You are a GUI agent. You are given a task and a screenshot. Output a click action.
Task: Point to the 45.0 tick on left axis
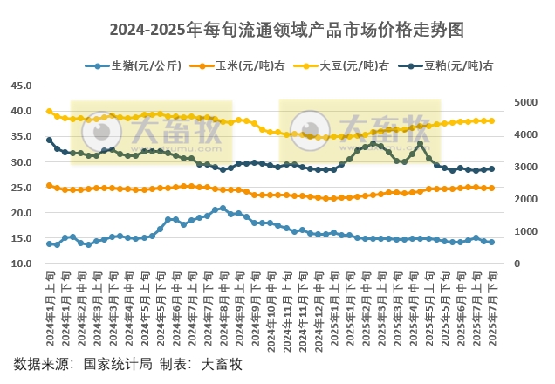coord(21,86)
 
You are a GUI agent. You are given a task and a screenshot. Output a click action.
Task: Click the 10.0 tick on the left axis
coord(21,264)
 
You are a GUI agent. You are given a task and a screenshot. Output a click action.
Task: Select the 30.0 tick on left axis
coord(21,162)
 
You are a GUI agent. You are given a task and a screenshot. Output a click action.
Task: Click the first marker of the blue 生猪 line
coord(49,243)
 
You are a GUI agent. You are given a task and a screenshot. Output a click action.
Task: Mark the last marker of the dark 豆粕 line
coord(492,168)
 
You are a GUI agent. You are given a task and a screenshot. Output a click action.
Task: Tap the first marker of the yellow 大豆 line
coord(49,111)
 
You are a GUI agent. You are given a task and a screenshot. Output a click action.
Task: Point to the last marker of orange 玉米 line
coord(492,188)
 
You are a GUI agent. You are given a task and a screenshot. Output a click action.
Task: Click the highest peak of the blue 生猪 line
coord(223,209)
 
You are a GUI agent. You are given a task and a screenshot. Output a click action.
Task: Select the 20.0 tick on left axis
coord(21,213)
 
